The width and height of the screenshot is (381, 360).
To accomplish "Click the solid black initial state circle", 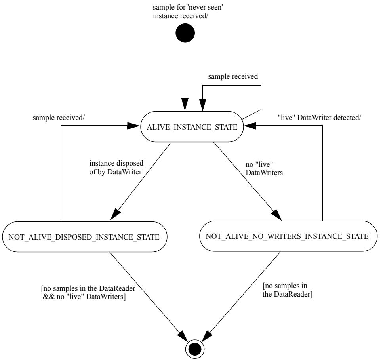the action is (185, 33).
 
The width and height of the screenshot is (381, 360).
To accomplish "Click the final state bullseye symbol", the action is (195, 349).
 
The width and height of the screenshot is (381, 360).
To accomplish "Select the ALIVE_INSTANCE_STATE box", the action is (192, 127).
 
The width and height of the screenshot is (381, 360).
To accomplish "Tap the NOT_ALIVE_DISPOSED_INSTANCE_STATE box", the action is (85, 236).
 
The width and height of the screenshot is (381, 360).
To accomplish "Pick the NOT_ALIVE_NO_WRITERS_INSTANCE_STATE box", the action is (288, 236).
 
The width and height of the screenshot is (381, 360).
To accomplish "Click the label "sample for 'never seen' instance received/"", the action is (188, 11).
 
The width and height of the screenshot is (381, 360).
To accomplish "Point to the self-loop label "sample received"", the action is (233, 76).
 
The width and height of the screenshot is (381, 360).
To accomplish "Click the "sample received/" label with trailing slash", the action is (59, 118).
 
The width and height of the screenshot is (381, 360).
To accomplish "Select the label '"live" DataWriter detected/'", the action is (319, 118).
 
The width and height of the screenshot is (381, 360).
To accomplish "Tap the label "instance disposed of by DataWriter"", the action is (116, 168).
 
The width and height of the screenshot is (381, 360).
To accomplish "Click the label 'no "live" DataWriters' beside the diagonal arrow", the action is (264, 169).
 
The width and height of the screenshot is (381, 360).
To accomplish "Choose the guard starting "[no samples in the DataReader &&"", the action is (88, 292).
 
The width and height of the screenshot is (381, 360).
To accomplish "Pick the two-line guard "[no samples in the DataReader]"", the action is (287, 290).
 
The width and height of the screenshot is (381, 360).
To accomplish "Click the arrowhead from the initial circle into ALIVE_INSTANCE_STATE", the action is (185, 105).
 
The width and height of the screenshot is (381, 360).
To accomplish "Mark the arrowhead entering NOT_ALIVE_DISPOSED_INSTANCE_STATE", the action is (115, 214).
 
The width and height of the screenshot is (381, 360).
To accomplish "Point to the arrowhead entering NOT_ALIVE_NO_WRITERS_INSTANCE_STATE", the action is (276, 215).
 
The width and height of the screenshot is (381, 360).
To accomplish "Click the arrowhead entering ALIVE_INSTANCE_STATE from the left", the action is (133, 126).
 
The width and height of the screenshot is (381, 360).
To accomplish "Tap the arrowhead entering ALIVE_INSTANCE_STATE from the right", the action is (250, 126).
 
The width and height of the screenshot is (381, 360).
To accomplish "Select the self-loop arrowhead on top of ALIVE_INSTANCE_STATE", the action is (203, 105).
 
